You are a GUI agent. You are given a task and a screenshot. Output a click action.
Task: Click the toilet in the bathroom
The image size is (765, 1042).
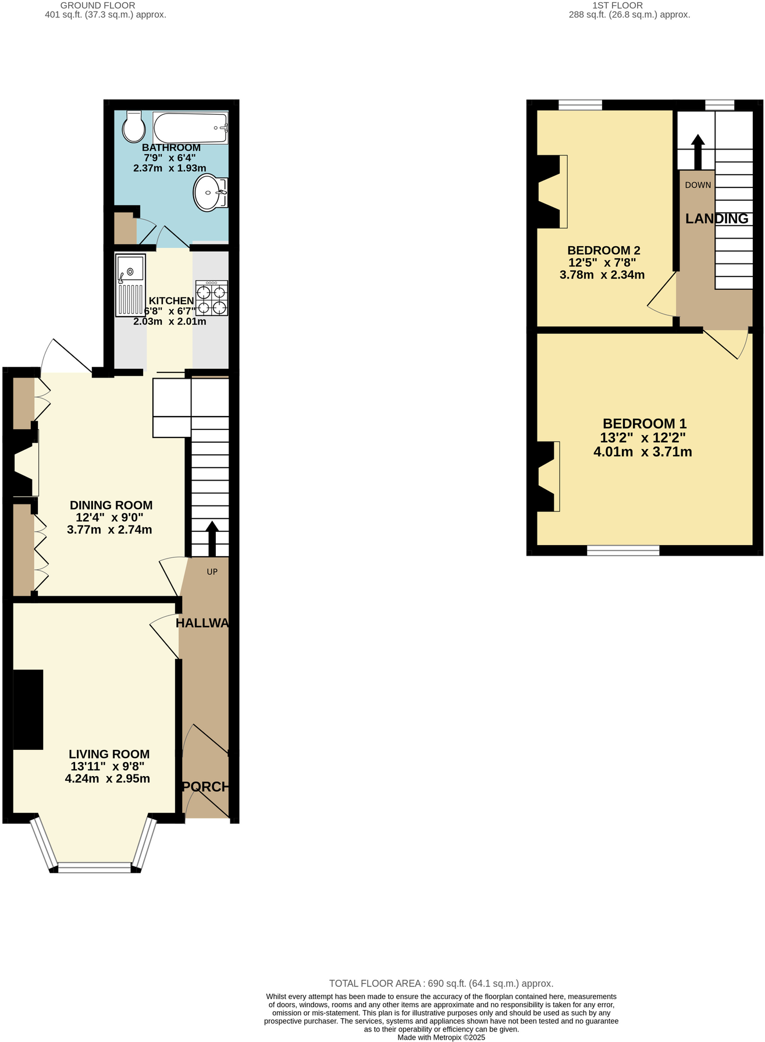(x=134, y=127)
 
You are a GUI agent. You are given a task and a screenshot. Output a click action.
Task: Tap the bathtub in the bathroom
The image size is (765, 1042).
(x=190, y=127)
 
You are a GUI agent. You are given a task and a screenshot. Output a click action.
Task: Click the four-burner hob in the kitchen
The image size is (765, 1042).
(x=212, y=298)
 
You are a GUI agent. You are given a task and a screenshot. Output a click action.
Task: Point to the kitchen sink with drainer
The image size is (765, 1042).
(x=130, y=285)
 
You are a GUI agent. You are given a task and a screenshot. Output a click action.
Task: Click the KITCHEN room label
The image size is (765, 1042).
(x=171, y=301)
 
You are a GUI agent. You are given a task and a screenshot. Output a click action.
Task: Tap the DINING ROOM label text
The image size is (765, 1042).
(x=111, y=505)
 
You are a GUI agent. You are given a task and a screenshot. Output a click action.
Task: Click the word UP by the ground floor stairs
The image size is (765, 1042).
(x=212, y=572)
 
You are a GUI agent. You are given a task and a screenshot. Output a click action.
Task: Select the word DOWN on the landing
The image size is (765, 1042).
(x=698, y=185)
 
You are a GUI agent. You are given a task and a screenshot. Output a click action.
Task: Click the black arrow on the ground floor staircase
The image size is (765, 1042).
(x=212, y=539)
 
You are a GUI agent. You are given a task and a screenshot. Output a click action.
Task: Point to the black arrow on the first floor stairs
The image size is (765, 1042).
(x=698, y=151)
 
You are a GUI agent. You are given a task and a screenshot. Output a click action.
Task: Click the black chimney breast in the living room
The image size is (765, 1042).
(x=28, y=709)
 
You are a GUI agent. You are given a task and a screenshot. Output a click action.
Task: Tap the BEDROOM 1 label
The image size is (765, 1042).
(x=644, y=424)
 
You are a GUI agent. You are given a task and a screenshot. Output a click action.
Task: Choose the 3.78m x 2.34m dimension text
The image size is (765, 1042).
(x=602, y=275)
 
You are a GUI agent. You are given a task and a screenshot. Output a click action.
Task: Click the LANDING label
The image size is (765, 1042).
(x=716, y=219)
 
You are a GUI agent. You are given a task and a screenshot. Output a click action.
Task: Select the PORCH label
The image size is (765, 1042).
(x=205, y=787)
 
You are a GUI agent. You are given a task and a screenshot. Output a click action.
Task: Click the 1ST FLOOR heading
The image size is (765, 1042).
(x=617, y=5)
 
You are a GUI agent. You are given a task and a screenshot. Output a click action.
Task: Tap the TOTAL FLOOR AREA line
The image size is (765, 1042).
(x=441, y=983)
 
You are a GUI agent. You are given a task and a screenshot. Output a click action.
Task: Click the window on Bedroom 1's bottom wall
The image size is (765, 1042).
(x=623, y=550)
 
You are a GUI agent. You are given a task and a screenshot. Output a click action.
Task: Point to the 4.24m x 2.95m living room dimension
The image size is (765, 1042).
(x=108, y=778)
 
